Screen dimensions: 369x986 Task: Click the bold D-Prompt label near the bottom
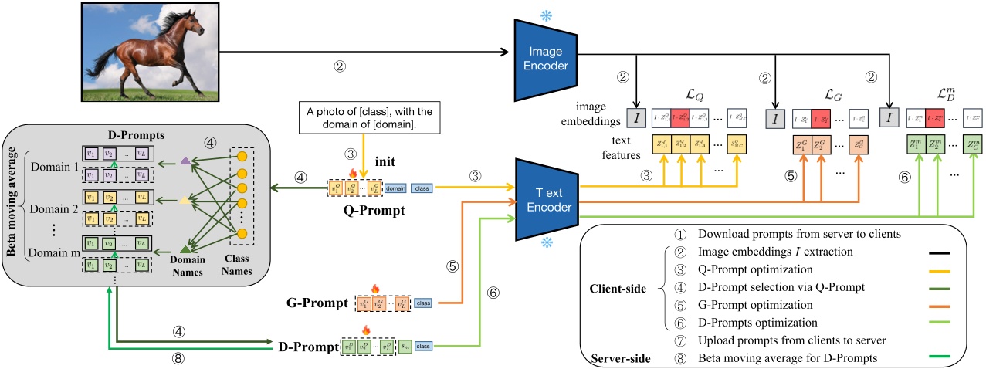click(x=308, y=347)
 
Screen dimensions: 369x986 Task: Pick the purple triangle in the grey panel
click(x=185, y=160)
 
